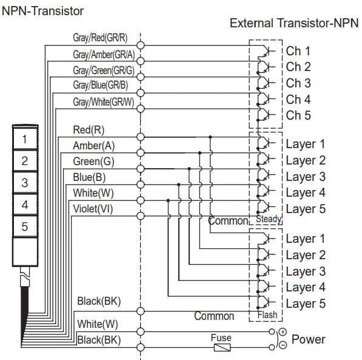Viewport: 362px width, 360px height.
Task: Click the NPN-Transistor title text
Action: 43,10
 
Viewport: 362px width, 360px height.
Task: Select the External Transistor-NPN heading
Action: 294,24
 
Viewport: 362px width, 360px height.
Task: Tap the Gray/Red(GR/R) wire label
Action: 100,38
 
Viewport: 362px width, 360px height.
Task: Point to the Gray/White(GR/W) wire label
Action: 103,101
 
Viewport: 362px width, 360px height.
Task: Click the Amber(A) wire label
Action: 93,146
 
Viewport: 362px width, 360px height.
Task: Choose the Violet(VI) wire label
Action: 92,209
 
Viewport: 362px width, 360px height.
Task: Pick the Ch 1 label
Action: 298,51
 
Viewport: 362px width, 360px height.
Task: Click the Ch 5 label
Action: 298,115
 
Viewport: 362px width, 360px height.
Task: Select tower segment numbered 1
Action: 25,139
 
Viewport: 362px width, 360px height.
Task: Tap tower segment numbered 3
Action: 25,183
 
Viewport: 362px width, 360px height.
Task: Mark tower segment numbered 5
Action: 25,226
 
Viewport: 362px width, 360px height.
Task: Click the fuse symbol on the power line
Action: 221,348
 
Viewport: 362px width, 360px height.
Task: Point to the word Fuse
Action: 221,338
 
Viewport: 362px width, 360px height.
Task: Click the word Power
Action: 308,339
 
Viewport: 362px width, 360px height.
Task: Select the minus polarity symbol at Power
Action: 282,346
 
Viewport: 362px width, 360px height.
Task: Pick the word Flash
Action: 267,314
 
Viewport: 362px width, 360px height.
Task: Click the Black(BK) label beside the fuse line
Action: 98,339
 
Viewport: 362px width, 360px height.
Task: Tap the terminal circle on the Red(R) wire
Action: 141,137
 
